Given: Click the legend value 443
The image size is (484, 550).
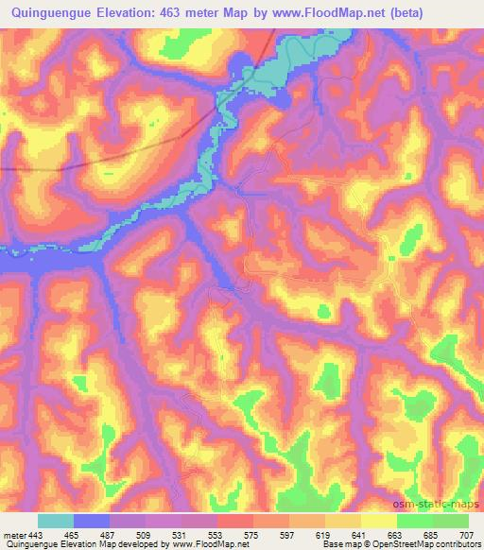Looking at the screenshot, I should click(x=36, y=535).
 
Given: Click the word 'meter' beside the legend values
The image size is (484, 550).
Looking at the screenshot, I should click(x=13, y=535).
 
